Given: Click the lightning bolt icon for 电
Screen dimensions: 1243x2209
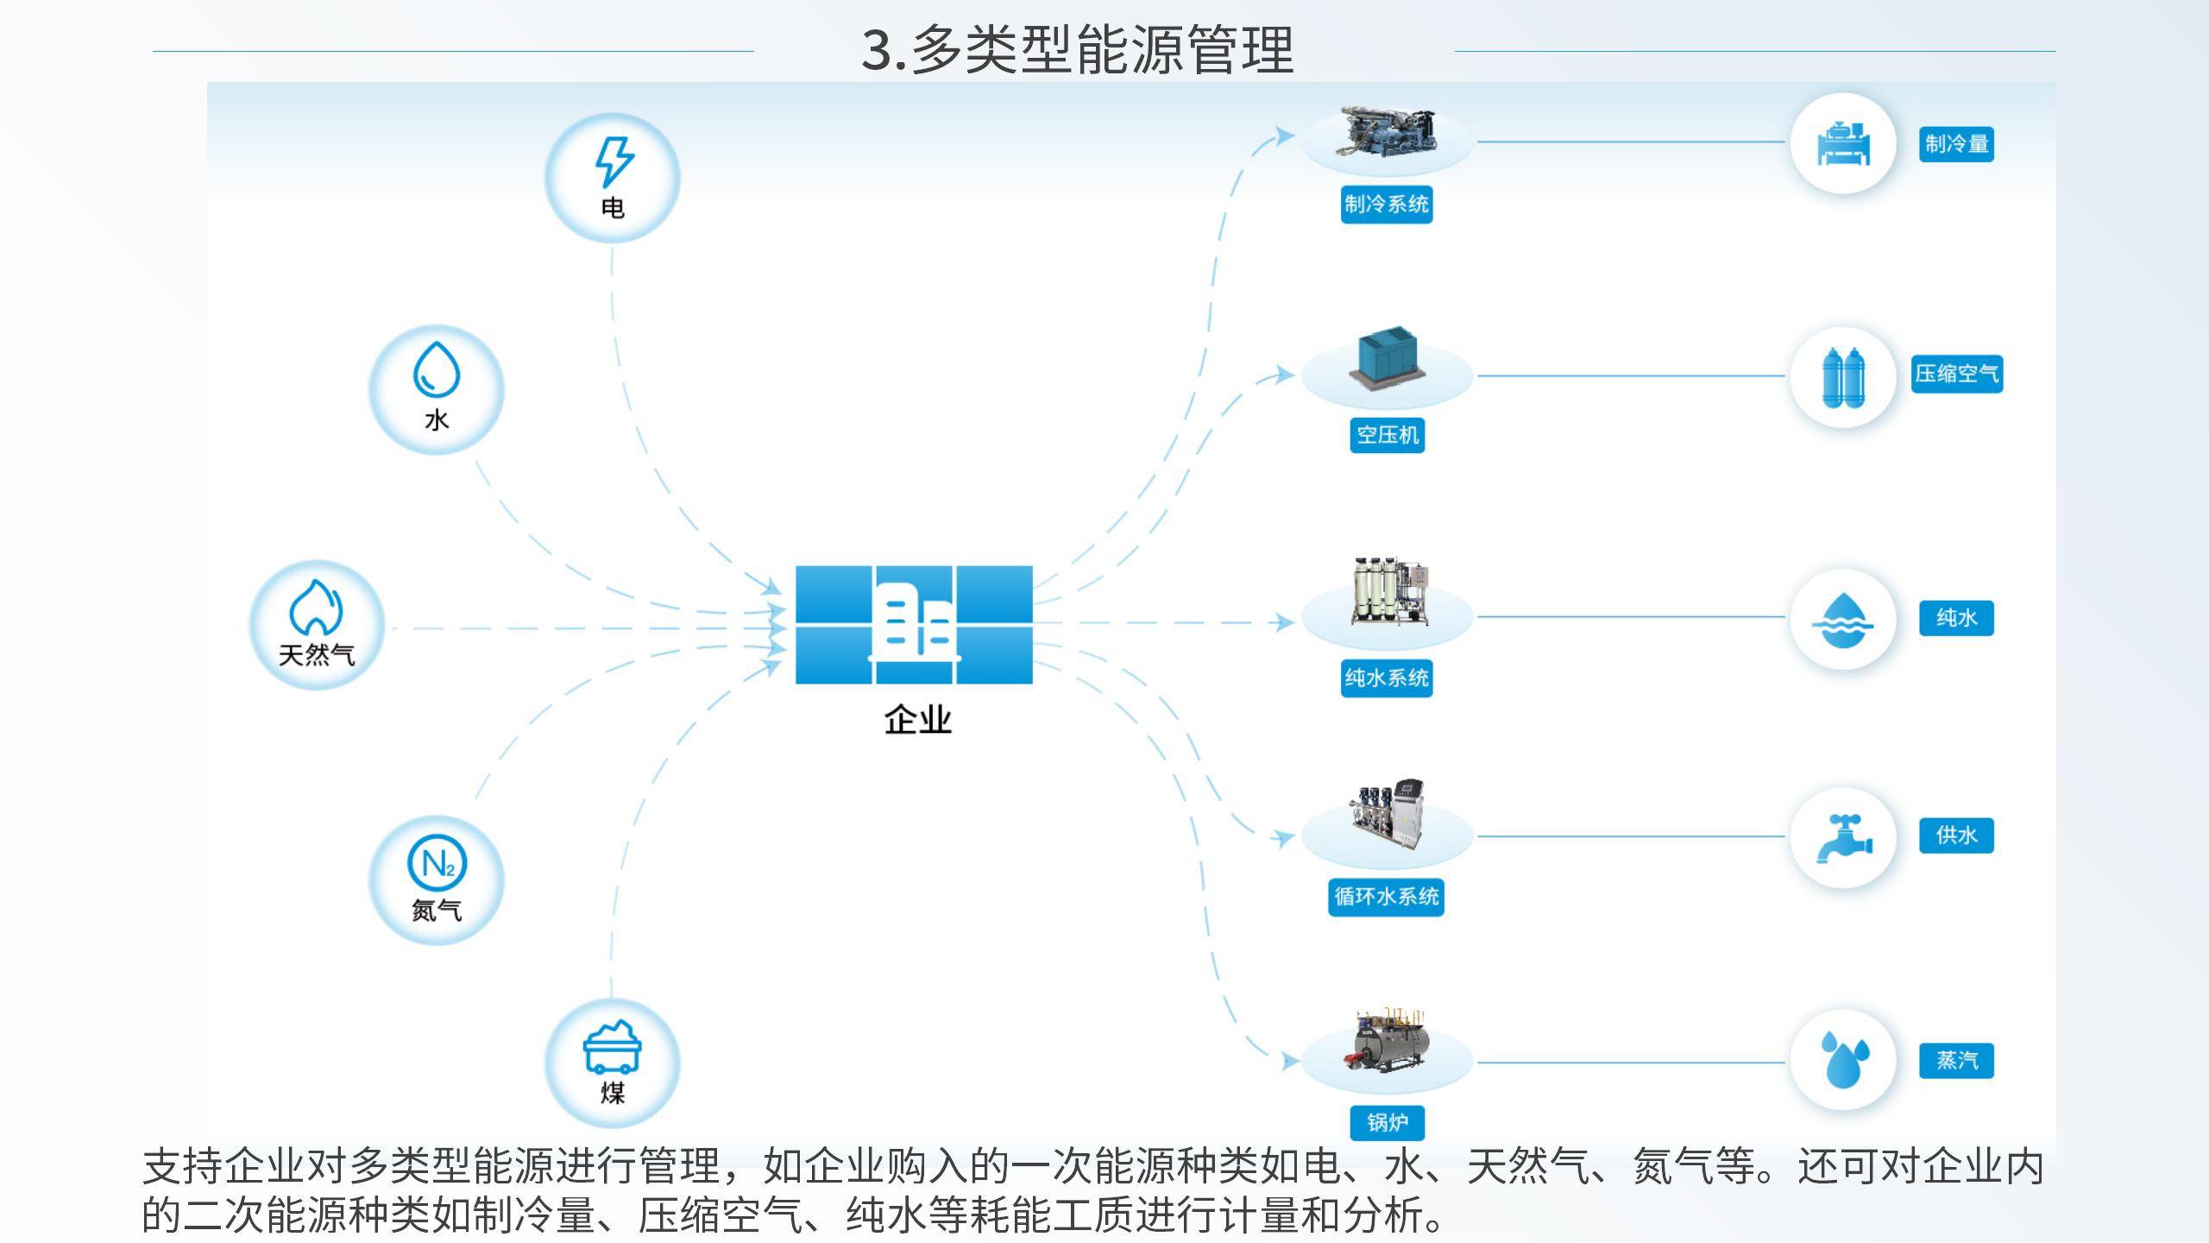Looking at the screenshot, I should pyautogui.click(x=614, y=161).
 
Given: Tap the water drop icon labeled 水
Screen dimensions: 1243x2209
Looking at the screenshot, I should pyautogui.click(x=437, y=370).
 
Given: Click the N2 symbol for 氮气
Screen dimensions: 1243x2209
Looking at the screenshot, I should pyautogui.click(x=437, y=862).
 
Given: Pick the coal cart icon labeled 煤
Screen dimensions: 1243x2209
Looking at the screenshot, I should pyautogui.click(x=613, y=1046).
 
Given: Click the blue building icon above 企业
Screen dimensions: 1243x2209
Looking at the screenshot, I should pyautogui.click(x=914, y=624).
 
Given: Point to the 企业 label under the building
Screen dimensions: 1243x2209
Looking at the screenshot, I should pyautogui.click(x=917, y=720).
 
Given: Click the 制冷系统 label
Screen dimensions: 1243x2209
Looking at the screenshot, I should pyautogui.click(x=1387, y=205).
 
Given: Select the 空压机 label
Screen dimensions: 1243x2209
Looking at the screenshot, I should pyautogui.click(x=1387, y=435).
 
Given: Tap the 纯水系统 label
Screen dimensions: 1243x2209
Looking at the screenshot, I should pyautogui.click(x=1387, y=678).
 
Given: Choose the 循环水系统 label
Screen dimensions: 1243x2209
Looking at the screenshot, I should pyautogui.click(x=1387, y=897).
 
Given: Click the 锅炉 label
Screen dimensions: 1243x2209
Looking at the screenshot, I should pyautogui.click(x=1387, y=1122).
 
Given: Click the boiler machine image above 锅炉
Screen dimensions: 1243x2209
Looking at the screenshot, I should pyautogui.click(x=1387, y=1041).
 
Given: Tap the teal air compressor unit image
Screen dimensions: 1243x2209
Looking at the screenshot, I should pyautogui.click(x=1387, y=360).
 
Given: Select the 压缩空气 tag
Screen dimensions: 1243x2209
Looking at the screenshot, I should pyautogui.click(x=1956, y=374).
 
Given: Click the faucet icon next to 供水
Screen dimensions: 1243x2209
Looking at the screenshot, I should pyautogui.click(x=1843, y=837).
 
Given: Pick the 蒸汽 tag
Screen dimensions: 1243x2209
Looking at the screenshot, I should pyautogui.click(x=1956, y=1060).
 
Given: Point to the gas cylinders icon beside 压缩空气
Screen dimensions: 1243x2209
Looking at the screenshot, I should pyautogui.click(x=1843, y=377).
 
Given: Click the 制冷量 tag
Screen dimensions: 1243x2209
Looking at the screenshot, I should pyautogui.click(x=1956, y=143).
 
